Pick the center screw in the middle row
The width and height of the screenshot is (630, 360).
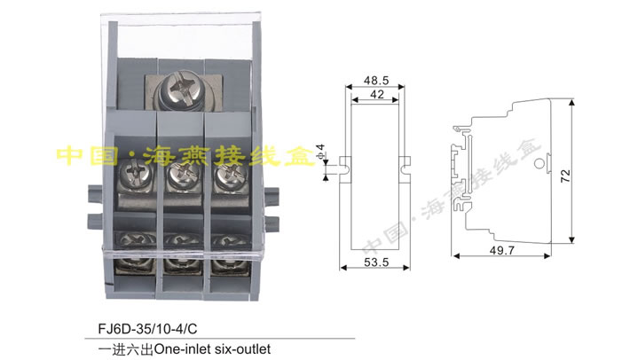181,181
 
